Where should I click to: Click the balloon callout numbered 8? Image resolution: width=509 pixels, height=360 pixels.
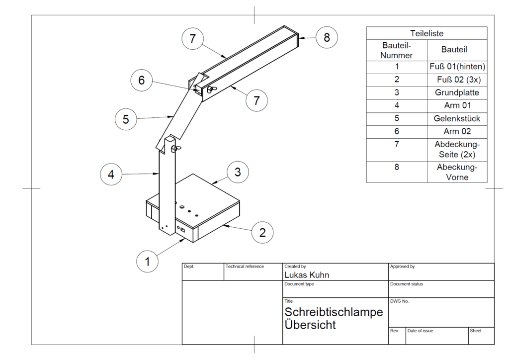point(327,37)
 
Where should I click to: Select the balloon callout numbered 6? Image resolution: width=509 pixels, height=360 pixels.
point(142,80)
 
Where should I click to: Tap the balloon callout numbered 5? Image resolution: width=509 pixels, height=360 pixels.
point(126,119)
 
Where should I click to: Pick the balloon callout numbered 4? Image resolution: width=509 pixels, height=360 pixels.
point(111,175)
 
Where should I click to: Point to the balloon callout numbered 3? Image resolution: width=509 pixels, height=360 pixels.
point(238,172)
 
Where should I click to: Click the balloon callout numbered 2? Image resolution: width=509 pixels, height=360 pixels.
point(263,232)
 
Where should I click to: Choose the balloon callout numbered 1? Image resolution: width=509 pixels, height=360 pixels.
point(147,261)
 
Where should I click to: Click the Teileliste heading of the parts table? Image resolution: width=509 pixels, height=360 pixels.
point(426,33)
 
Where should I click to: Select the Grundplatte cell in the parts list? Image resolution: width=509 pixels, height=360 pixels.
point(457,93)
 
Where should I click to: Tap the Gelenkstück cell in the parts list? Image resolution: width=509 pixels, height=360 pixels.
point(457,119)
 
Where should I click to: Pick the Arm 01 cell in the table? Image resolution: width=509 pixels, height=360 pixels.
point(457,106)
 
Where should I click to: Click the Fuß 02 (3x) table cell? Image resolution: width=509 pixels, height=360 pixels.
point(457,80)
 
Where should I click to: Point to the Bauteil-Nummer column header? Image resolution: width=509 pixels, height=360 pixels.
point(396,50)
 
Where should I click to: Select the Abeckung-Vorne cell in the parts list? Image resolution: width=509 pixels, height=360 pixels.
point(457,172)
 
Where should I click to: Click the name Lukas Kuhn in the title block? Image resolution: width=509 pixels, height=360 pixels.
point(307,275)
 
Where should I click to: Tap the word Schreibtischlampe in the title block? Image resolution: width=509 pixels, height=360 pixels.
point(334,312)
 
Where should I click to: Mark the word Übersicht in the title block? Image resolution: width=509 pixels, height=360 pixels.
point(310,325)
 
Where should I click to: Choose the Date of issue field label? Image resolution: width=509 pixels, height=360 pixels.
point(420,331)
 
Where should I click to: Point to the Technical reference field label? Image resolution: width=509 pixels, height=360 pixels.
point(245,267)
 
